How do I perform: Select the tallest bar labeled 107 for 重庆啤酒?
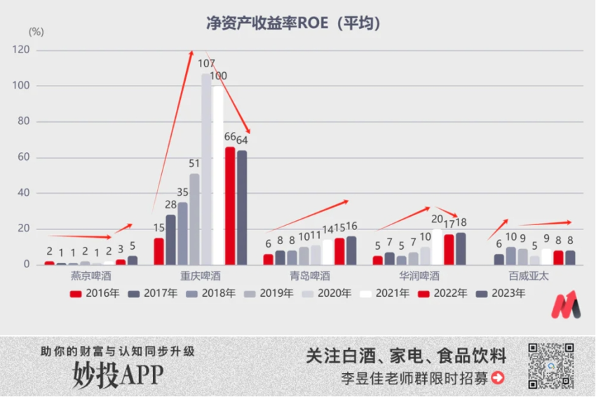(206, 169)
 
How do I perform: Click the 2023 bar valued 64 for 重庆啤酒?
(241, 208)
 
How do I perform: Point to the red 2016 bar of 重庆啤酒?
(159, 251)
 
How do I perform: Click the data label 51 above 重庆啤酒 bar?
(194, 164)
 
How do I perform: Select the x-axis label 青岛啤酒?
(309, 276)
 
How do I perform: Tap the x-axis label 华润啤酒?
(419, 276)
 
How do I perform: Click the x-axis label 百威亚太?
(529, 276)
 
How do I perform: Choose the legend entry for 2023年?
(501, 294)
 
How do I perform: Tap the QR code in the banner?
(550, 365)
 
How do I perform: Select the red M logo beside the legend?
(565, 304)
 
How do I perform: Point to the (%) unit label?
(36, 32)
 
